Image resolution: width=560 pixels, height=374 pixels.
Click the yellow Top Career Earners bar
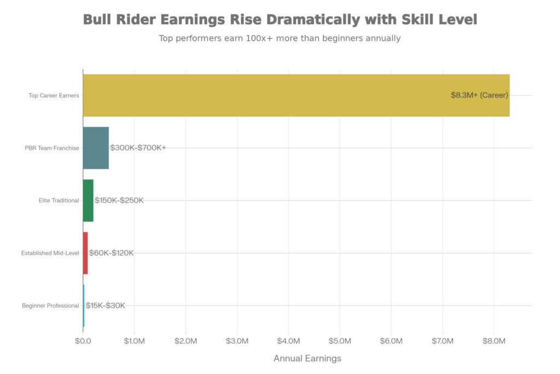point(295,95)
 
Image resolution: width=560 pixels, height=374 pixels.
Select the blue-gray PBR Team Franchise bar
point(96,148)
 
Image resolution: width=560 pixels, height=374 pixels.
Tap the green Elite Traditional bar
point(88,200)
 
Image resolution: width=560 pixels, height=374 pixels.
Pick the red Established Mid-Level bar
point(85,253)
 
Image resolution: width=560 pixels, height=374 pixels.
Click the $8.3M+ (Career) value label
point(480,95)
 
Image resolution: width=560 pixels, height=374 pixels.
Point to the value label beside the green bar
point(119,200)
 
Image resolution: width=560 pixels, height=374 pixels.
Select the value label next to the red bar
point(111,253)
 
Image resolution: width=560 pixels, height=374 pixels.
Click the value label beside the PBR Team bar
point(137,148)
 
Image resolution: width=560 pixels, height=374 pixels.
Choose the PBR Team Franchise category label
point(52,148)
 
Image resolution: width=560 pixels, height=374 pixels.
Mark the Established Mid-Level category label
point(50,254)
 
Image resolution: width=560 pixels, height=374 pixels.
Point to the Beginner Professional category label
point(50,306)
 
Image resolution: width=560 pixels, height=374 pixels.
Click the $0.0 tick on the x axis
point(83,341)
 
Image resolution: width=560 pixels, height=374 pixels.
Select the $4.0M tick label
point(288,341)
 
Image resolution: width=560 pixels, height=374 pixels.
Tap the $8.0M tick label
point(494,341)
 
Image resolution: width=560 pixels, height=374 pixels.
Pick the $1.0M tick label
point(134,341)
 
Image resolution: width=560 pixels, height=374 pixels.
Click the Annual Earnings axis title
point(307,359)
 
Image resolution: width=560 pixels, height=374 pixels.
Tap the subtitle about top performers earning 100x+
point(279,39)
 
